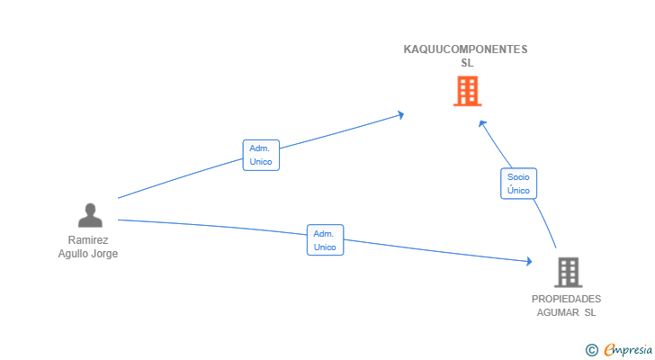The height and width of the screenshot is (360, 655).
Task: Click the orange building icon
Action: click(x=468, y=91)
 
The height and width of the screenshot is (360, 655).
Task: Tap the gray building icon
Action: click(x=568, y=273)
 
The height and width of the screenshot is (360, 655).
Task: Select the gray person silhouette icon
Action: click(x=90, y=215)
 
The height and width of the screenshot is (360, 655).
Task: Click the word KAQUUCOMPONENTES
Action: click(x=465, y=49)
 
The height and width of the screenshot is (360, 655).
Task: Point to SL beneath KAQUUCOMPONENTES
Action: click(x=467, y=63)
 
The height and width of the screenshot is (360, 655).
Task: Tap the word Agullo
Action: click(x=73, y=254)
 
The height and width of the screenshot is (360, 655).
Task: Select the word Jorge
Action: click(x=104, y=254)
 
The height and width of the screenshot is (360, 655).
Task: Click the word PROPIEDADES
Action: click(x=566, y=299)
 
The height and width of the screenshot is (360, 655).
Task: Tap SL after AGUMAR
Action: click(x=590, y=313)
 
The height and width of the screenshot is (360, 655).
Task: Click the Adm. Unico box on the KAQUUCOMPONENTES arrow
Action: click(x=261, y=155)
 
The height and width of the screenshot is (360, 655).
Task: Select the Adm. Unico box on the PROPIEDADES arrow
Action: click(x=325, y=240)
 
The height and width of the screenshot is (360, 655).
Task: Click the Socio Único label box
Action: click(x=518, y=184)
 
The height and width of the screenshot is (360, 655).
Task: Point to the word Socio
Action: click(x=518, y=177)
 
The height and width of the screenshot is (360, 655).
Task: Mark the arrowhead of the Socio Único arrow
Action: click(x=482, y=123)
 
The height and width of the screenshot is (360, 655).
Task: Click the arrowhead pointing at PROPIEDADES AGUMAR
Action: click(x=529, y=261)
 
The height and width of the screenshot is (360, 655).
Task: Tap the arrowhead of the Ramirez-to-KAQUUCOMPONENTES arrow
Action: click(x=401, y=114)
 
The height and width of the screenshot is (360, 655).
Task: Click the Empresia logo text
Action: click(x=628, y=350)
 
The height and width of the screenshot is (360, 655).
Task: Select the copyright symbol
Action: click(x=591, y=350)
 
